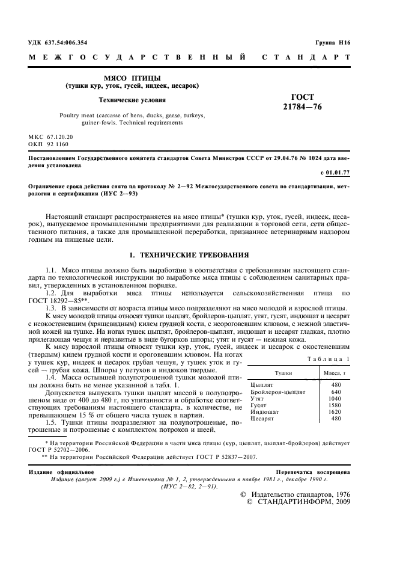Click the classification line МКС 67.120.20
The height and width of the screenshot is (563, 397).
[51, 137]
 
